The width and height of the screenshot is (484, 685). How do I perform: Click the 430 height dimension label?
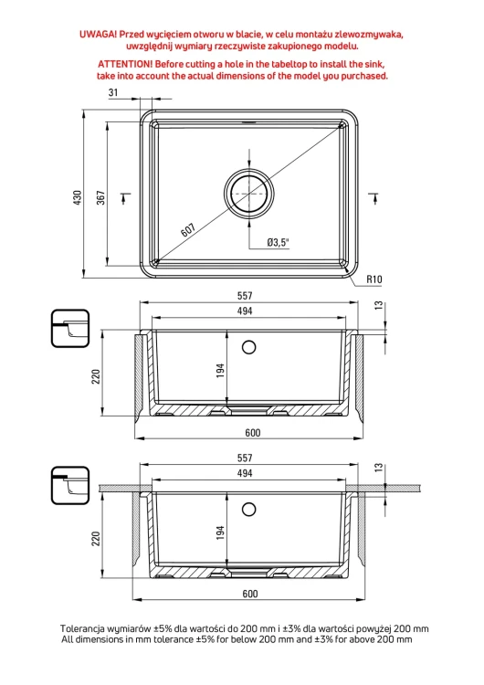tap(78, 198)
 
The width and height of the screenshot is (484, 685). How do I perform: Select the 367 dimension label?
tap(100, 198)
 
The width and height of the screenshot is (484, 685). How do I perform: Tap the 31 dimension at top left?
tap(113, 92)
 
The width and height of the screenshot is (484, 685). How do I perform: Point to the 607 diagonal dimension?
tap(188, 230)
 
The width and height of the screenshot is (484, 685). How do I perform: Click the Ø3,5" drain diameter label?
tap(279, 242)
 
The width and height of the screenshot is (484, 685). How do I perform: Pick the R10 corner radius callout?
tap(374, 279)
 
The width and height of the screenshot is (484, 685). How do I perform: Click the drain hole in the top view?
tap(249, 193)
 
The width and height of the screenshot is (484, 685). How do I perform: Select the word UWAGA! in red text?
tap(98, 35)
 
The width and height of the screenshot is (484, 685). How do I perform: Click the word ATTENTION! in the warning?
tap(125, 64)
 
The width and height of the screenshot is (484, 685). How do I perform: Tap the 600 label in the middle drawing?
tap(252, 433)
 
